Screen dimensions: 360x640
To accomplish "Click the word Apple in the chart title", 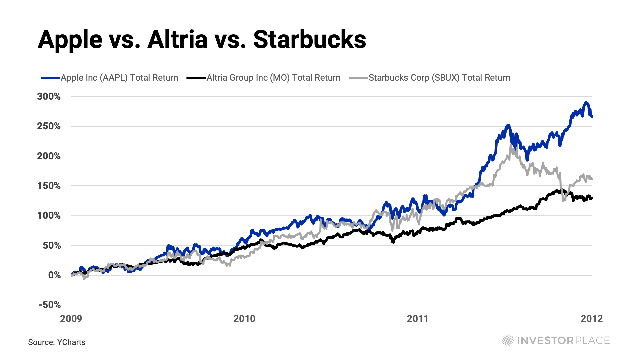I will (x=70, y=40).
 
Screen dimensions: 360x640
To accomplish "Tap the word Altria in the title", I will (x=177, y=40).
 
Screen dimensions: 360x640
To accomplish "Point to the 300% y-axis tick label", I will (x=49, y=97).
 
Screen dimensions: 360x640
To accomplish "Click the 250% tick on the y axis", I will (x=49, y=126).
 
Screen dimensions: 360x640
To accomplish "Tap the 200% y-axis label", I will (x=49, y=156).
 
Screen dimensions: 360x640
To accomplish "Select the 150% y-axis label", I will (x=49, y=186).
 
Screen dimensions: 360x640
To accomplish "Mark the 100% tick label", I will (x=49, y=216).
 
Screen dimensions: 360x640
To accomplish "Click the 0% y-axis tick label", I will (x=54, y=275).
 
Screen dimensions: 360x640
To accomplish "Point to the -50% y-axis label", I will (x=50, y=305).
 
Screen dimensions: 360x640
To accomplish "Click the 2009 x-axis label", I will (x=71, y=319).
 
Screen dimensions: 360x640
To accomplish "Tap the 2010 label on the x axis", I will (x=244, y=319).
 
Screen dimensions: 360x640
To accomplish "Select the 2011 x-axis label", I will (x=418, y=319).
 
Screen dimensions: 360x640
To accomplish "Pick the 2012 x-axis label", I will (x=592, y=319).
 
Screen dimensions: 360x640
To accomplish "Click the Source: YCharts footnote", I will (x=57, y=342).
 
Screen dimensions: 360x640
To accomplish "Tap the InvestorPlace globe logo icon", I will (x=508, y=340).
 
